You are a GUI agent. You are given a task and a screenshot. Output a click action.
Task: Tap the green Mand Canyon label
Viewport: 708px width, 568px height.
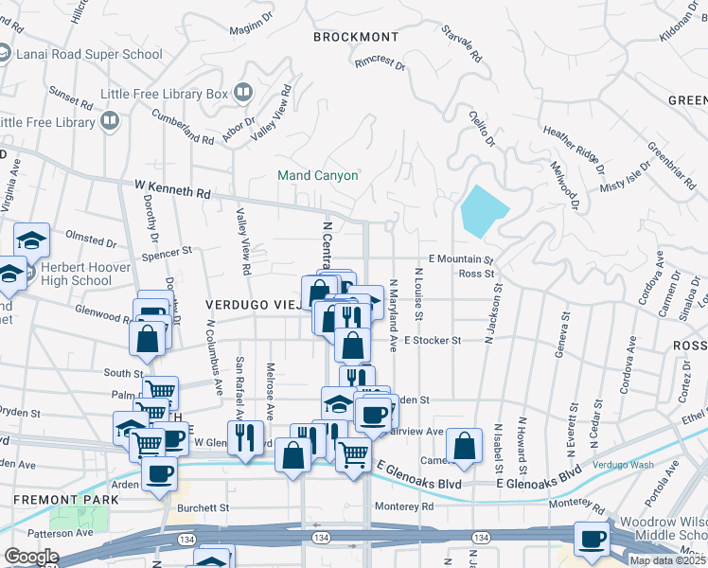(317, 175)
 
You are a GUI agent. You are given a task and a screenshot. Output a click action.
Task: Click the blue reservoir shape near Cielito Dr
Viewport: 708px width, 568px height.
(485, 209)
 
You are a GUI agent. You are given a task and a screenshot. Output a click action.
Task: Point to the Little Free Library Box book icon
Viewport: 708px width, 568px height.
(243, 93)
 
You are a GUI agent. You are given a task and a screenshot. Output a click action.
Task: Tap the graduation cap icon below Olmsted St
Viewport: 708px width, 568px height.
(32, 240)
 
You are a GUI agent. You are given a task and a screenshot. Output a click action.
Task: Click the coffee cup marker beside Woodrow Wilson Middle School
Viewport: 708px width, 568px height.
(593, 539)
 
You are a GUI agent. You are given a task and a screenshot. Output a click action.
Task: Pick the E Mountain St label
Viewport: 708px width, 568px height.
(461, 258)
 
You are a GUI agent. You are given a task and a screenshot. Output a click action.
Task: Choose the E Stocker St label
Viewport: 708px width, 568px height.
(432, 340)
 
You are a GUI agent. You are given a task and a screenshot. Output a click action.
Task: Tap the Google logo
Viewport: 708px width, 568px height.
(30, 557)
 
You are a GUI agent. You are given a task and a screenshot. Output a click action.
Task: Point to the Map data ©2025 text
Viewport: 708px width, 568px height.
(666, 560)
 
